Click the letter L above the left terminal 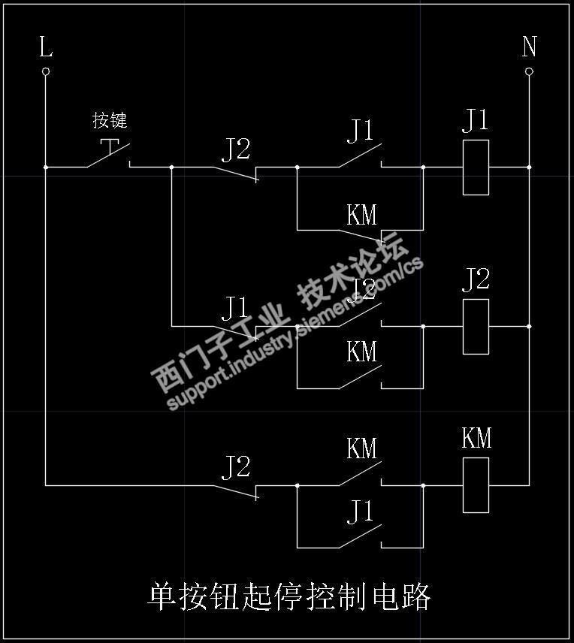pyautogui.click(x=46, y=48)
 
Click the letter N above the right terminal pyautogui.click(x=529, y=47)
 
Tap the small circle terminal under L pyautogui.click(x=46, y=71)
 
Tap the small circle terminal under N pyautogui.click(x=529, y=71)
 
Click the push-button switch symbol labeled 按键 pyautogui.click(x=110, y=153)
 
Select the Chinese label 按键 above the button pyautogui.click(x=110, y=120)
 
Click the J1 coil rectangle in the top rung pyautogui.click(x=476, y=167)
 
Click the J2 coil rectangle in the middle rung pyautogui.click(x=476, y=326)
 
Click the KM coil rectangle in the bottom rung pyautogui.click(x=476, y=485)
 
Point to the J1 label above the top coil pyautogui.click(x=475, y=120)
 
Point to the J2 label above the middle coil pyautogui.click(x=475, y=279)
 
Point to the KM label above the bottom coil pyautogui.click(x=476, y=438)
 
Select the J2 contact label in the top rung pyautogui.click(x=235, y=149)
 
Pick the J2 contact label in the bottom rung pyautogui.click(x=235, y=467)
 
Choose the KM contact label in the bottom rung pyautogui.click(x=361, y=449)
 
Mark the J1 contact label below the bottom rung pyautogui.click(x=360, y=512)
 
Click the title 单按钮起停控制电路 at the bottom pyautogui.click(x=289, y=597)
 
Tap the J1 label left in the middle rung pyautogui.click(x=234, y=307)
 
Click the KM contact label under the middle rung pyautogui.click(x=361, y=352)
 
